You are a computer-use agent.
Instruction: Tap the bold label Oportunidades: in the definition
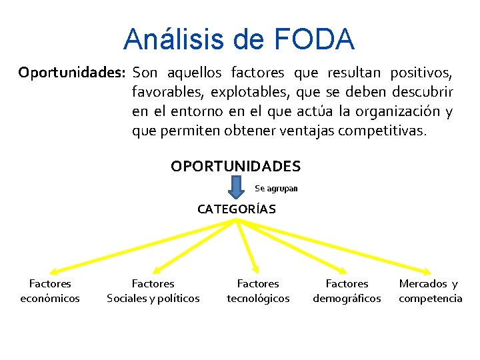tap(73, 72)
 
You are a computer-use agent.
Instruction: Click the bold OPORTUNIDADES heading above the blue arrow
tap(235, 166)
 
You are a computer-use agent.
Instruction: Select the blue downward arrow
tap(236, 187)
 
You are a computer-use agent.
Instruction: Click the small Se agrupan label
tap(276, 189)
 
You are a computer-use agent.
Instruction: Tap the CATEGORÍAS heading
tap(236, 209)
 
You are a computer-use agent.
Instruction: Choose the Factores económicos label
tap(50, 291)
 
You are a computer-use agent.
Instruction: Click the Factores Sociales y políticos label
tap(153, 291)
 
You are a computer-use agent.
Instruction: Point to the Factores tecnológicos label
tap(258, 291)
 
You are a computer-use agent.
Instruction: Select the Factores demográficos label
tap(347, 291)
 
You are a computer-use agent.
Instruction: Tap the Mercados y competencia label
tap(430, 291)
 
